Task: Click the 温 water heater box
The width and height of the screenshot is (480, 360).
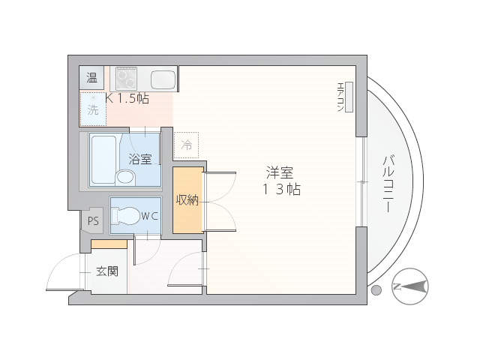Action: (91, 77)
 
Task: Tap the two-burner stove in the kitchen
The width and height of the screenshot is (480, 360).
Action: (127, 79)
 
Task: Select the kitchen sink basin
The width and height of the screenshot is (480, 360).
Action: (163, 79)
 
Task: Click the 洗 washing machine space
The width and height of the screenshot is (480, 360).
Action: (93, 109)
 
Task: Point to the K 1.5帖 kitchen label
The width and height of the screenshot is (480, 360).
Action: (127, 98)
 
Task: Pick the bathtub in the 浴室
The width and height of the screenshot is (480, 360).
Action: (103, 160)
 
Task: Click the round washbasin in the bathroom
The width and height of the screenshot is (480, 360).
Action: (125, 177)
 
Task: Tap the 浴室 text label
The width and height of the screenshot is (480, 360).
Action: (140, 159)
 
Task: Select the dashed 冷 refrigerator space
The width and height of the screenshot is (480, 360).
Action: (186, 145)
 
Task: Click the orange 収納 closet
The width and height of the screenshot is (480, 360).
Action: (188, 200)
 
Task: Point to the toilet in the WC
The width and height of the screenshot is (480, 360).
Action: (125, 216)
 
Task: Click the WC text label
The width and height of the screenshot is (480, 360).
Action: (149, 217)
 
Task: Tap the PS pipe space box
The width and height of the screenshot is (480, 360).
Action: (93, 220)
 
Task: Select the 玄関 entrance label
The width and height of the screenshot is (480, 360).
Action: (107, 271)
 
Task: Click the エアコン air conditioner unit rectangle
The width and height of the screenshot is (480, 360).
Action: (349, 97)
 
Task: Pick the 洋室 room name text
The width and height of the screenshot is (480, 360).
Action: (280, 172)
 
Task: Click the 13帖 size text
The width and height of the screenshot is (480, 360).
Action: (281, 189)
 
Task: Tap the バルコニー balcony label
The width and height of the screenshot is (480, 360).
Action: (388, 184)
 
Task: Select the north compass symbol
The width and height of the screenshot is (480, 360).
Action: (410, 286)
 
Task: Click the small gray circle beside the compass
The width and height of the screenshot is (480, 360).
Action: (376, 290)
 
